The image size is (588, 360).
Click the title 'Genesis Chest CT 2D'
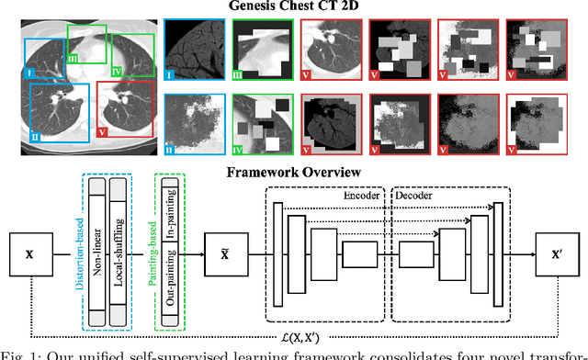pyautogui.click(x=293, y=7)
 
